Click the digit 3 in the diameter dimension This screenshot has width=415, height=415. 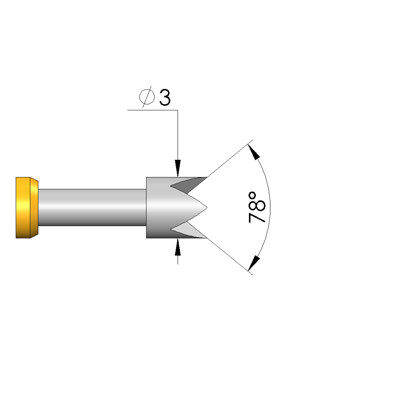[165, 98]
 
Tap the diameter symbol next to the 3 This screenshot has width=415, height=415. [147, 97]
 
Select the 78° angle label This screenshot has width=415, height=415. [257, 207]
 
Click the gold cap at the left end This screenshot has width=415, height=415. [27, 208]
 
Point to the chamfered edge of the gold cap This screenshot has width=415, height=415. [35, 208]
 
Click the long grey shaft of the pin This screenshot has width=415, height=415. [92, 207]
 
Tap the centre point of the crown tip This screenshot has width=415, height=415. [207, 207]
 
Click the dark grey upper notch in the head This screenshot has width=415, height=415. [188, 185]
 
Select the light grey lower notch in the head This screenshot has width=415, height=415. [188, 230]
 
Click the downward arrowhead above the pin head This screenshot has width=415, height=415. [178, 168]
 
